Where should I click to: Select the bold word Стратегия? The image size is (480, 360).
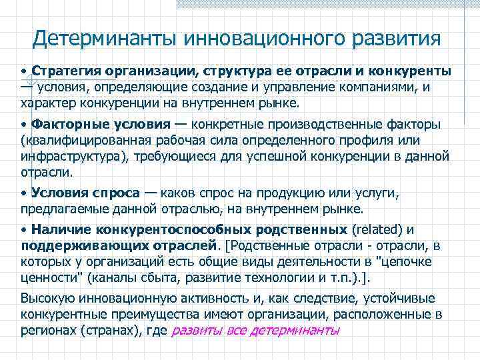pyautogui.click(x=63, y=70)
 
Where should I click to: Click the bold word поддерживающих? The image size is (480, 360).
pyautogui.click(x=77, y=245)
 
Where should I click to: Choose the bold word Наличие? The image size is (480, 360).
pyautogui.click(x=54, y=230)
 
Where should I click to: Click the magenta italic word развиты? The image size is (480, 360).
pyautogui.click(x=194, y=331)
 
